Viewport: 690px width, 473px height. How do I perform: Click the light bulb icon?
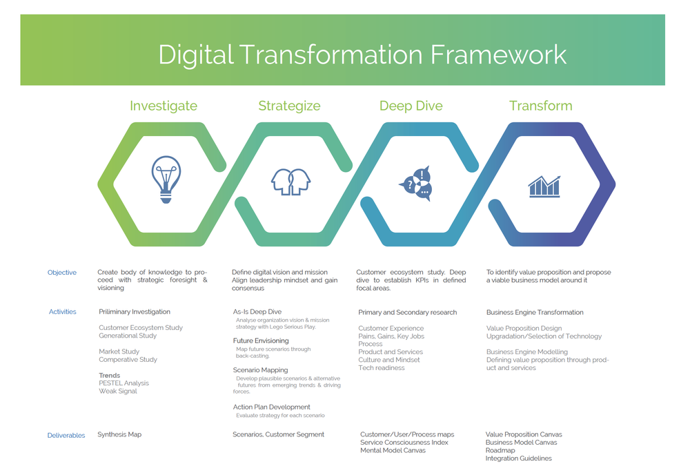tap(166, 180)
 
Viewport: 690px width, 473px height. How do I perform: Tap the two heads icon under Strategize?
tap(290, 182)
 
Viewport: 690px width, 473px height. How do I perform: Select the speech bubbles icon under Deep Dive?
tap(416, 183)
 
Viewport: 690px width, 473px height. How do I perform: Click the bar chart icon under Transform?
tap(544, 186)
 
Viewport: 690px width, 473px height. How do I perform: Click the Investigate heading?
tap(164, 106)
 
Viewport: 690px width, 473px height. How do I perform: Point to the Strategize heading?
tap(289, 106)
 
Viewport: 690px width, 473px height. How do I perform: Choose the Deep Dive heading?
tap(411, 106)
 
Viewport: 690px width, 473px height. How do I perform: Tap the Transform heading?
tap(541, 106)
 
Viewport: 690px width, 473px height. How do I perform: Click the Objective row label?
tap(62, 273)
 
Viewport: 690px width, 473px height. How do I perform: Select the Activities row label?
tap(63, 312)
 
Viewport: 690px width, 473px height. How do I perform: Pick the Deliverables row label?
tap(66, 435)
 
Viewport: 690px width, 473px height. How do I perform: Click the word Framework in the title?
tap(499, 55)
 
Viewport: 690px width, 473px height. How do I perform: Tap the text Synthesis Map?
tap(119, 435)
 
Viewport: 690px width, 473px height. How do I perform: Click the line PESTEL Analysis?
tap(124, 383)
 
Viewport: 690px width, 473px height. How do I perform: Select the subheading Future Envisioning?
tap(261, 341)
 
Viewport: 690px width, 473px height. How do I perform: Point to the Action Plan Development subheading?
tap(271, 407)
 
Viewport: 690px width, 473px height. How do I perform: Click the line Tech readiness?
tap(382, 368)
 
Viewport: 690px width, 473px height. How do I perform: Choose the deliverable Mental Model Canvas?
tap(393, 450)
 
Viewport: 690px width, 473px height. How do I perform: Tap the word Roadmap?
tap(500, 450)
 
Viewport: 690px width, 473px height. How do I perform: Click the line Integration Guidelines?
tap(518, 458)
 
